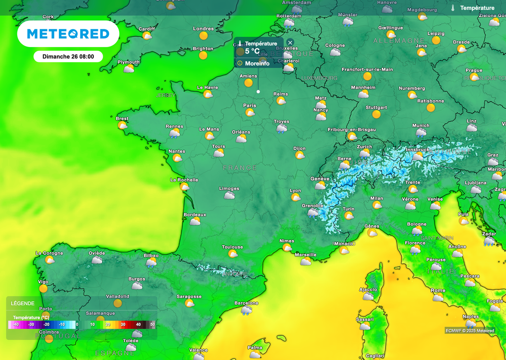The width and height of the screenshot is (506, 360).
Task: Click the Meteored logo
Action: (68, 34)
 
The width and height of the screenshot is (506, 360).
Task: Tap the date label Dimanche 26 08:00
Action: (68, 56)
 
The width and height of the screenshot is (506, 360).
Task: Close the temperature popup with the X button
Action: (290, 43)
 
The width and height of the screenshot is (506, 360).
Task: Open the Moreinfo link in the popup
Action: (257, 63)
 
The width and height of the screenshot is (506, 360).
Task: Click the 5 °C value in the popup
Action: (252, 51)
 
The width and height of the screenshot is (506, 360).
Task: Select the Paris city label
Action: (250, 105)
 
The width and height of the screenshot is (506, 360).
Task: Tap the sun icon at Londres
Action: (204, 36)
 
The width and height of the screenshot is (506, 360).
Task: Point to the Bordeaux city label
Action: (195, 215)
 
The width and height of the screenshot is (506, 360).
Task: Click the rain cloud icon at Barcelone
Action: (246, 311)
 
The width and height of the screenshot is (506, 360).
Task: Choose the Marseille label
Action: (305, 255)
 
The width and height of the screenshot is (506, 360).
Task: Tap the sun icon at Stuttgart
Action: (377, 114)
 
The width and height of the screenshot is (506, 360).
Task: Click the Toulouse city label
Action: (232, 247)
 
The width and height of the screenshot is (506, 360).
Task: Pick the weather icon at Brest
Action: (122, 126)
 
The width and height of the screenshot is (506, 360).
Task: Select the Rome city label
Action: (438, 290)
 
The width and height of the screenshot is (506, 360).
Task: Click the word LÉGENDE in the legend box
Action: (23, 304)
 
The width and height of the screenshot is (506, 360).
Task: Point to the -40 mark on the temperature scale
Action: (16, 324)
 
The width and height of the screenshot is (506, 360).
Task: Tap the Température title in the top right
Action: (477, 8)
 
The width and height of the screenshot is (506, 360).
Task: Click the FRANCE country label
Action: (240, 168)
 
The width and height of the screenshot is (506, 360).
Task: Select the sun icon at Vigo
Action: (43, 288)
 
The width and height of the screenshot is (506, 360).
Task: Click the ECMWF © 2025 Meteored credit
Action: (469, 331)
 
